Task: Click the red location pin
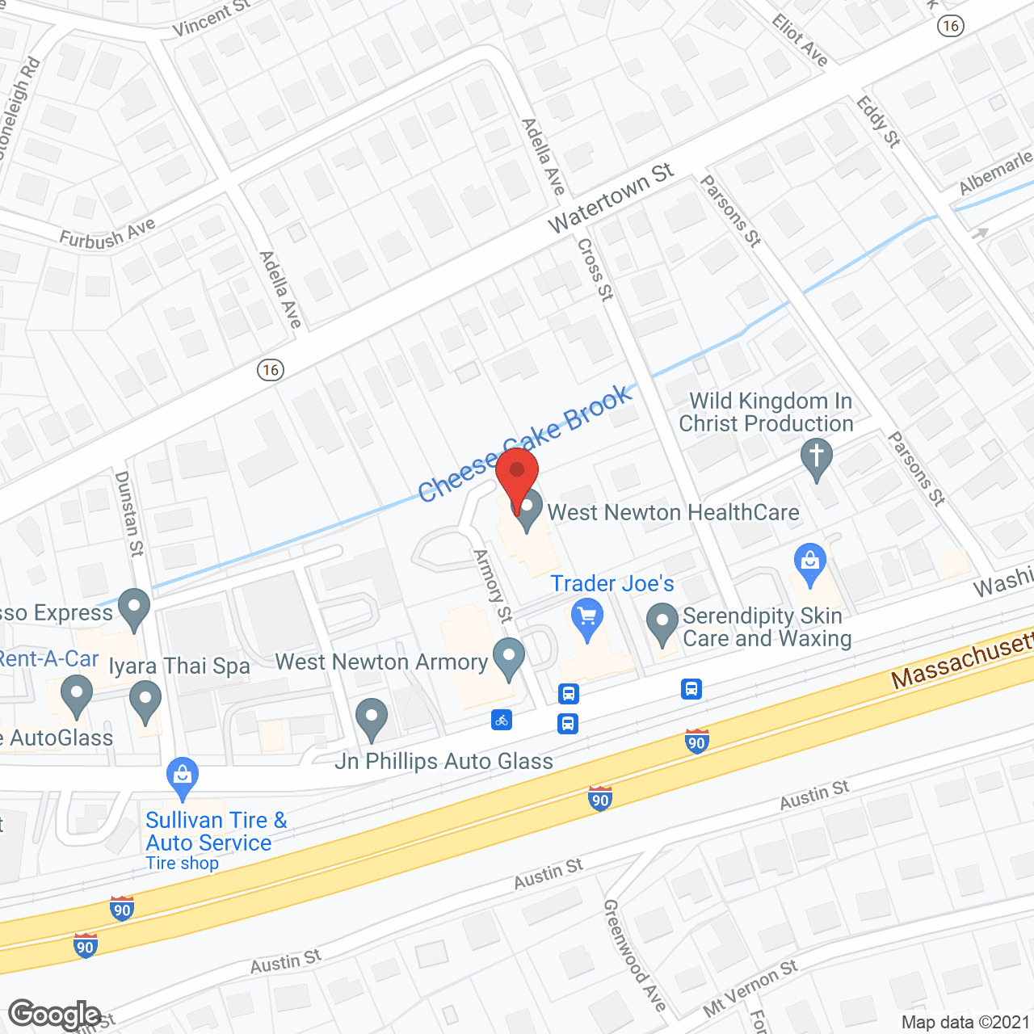517,475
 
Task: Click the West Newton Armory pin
508,658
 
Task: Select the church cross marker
816,457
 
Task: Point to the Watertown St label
611,199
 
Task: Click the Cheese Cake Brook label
525,443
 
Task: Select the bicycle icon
502,720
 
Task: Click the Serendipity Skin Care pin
662,623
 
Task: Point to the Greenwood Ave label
635,955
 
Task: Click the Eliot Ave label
800,40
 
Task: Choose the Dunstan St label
129,514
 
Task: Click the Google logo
55,1015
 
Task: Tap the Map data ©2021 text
965,1023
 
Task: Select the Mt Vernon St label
750,988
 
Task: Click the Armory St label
493,586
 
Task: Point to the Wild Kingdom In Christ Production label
766,412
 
